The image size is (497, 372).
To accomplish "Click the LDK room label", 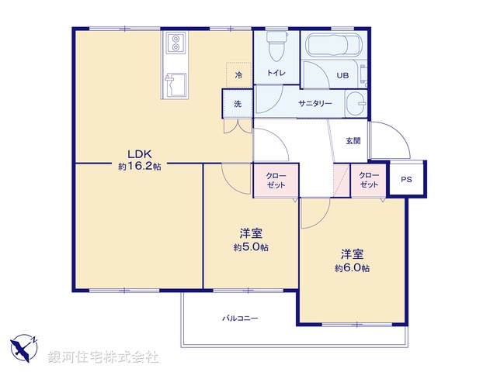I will [139, 153].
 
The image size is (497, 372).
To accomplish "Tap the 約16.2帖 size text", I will [139, 166].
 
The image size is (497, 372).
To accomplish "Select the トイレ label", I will [276, 73].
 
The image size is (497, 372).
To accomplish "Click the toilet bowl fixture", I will [276, 49].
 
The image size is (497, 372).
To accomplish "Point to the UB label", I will [342, 75].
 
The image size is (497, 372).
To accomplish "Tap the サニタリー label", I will [315, 103].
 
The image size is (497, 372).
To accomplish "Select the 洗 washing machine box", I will [237, 103].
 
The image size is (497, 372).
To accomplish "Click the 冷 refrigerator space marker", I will [238, 75].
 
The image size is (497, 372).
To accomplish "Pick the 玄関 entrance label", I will [353, 141].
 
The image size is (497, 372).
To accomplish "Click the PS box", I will [406, 180].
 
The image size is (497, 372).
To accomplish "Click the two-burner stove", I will [175, 42].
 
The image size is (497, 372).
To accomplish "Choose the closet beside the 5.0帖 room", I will [275, 181].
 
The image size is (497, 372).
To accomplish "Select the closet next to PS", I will [369, 181].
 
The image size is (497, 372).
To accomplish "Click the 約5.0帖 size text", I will [250, 247].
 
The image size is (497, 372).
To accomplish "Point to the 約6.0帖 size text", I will [352, 267].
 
